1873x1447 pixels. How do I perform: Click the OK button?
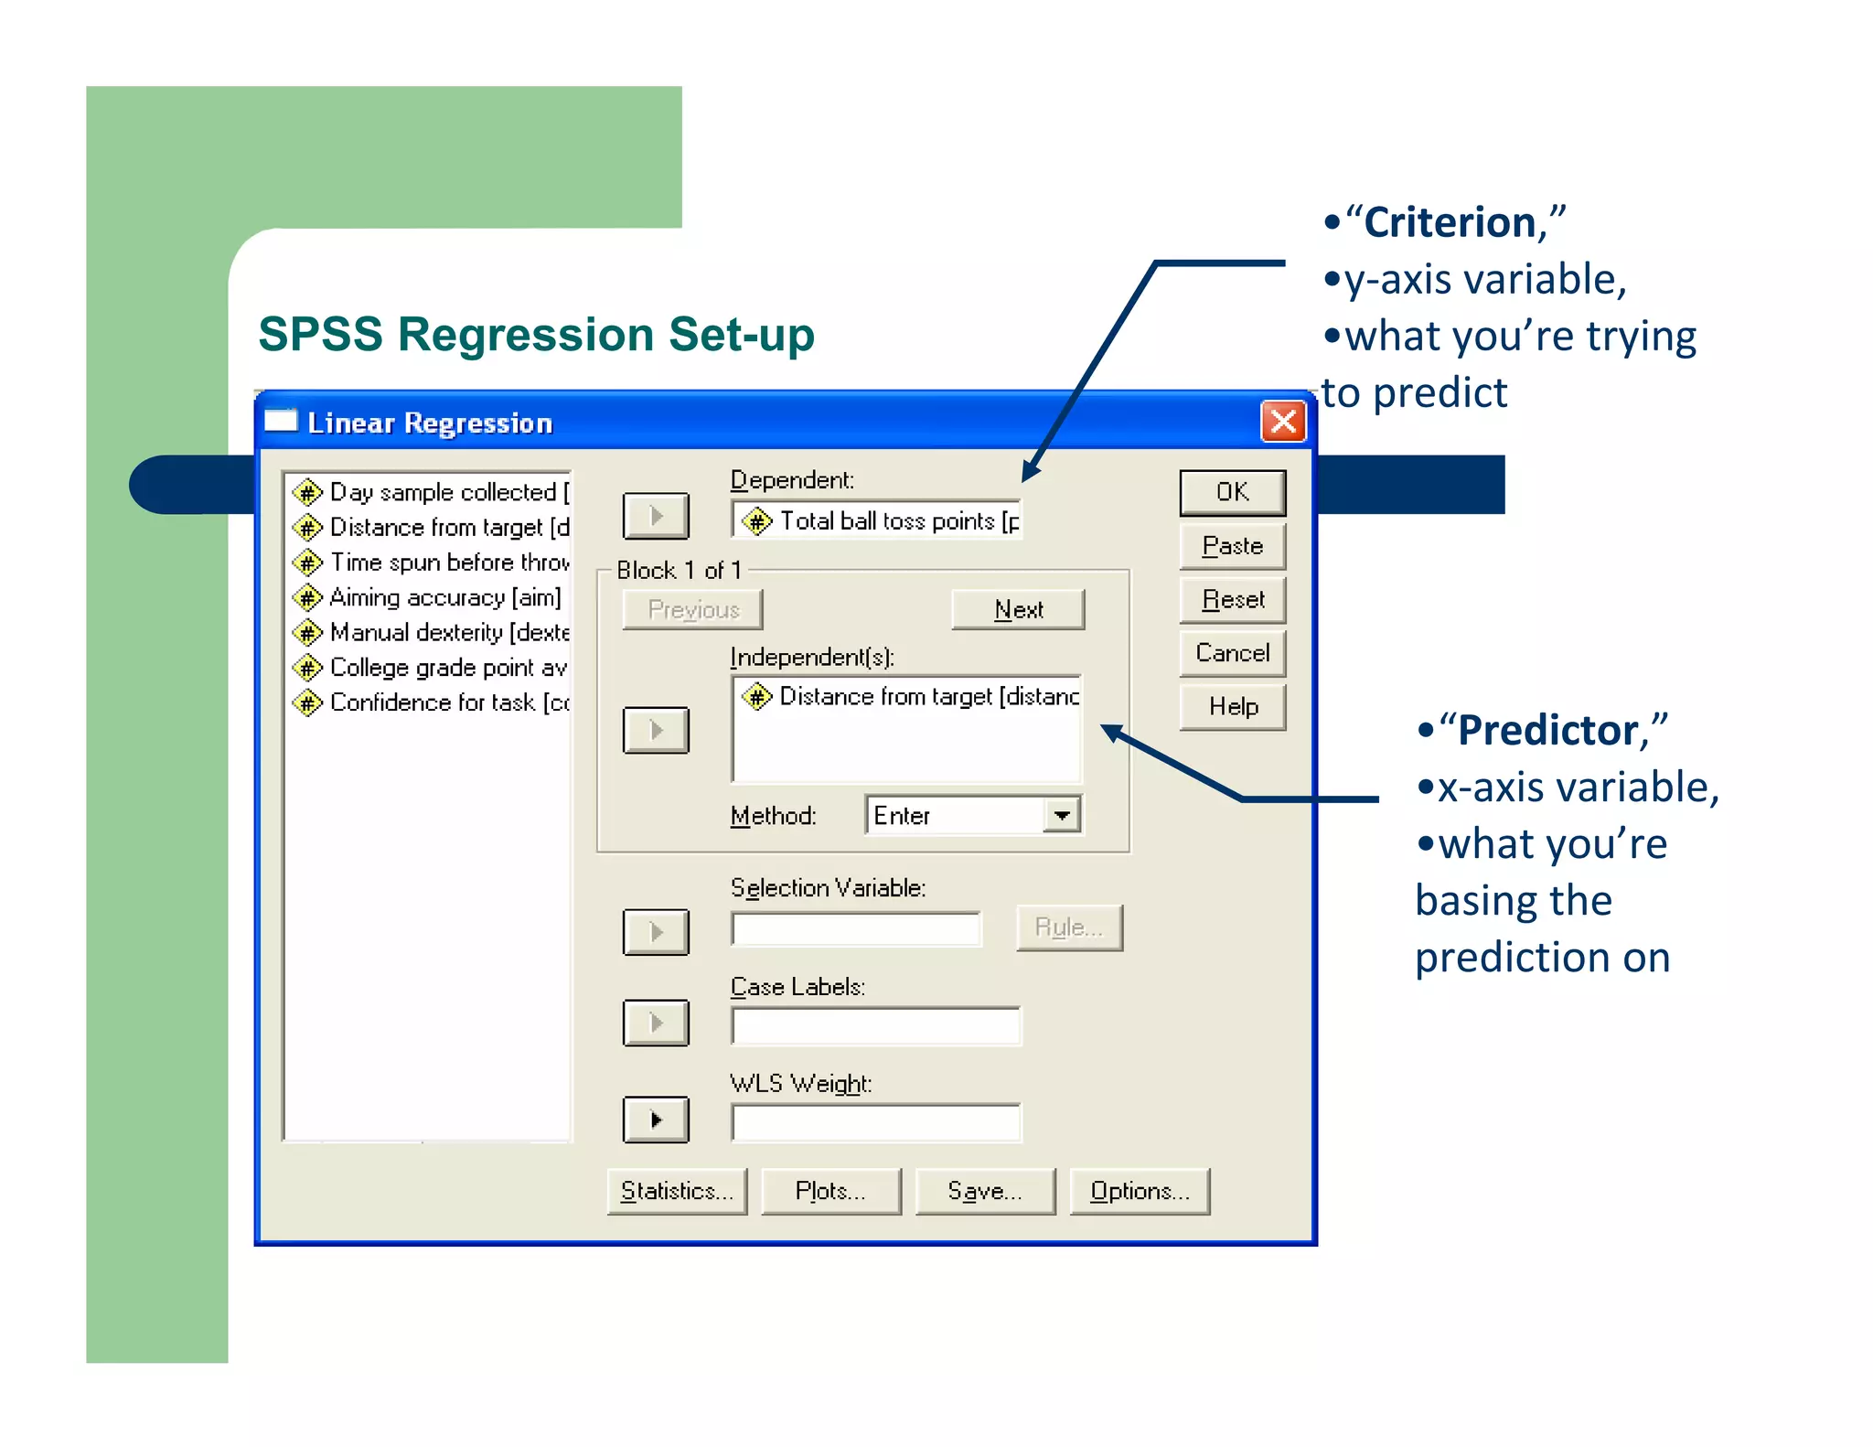click(x=1232, y=492)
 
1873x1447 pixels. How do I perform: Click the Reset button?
click(x=1232, y=600)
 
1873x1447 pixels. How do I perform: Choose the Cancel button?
click(x=1232, y=653)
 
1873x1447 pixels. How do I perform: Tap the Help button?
click(x=1232, y=707)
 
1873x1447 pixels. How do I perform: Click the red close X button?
click(x=1283, y=422)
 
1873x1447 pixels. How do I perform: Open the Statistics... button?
click(x=677, y=1191)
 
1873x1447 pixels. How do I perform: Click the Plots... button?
click(x=830, y=1191)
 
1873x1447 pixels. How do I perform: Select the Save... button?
click(x=985, y=1191)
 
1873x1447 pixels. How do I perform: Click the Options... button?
click(x=1140, y=1191)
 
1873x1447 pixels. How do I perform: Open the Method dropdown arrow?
click(x=1062, y=815)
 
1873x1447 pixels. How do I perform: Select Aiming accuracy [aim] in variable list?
click(x=444, y=598)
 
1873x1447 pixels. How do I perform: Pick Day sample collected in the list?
click(x=444, y=492)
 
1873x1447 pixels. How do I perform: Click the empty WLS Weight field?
click(x=875, y=1123)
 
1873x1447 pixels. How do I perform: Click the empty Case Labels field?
click(x=875, y=1026)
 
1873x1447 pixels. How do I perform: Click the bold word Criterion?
click(x=1450, y=223)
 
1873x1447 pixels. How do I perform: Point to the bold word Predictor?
click(x=1547, y=731)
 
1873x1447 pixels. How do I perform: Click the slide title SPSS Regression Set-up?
click(x=536, y=335)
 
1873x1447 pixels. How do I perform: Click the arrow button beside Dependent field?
click(x=656, y=516)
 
